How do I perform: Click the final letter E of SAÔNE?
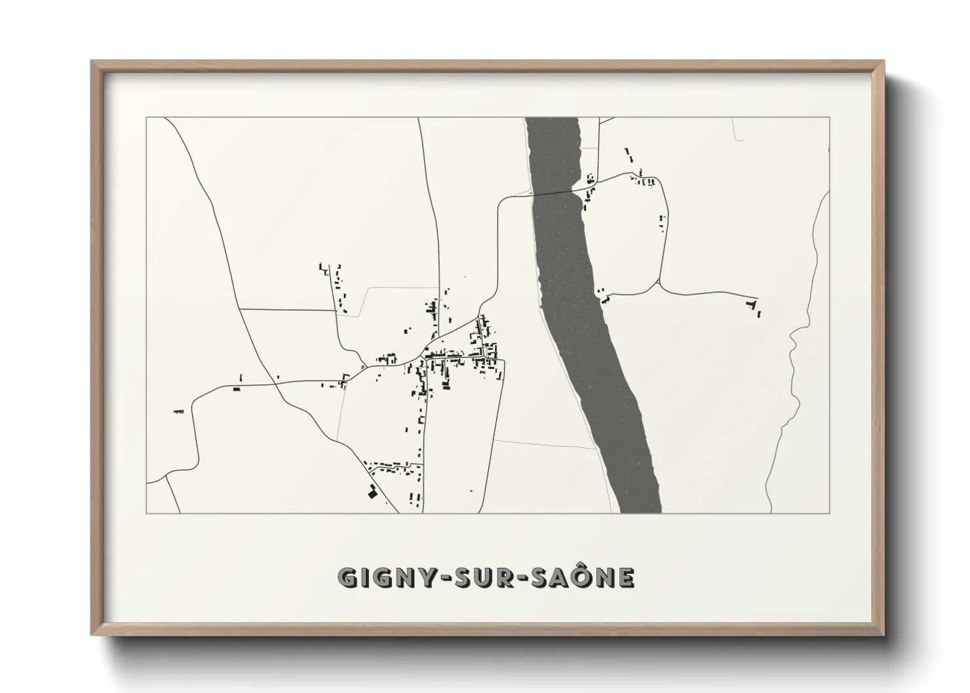tap(627, 578)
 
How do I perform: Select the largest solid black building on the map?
tap(372, 493)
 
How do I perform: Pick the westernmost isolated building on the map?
tap(178, 411)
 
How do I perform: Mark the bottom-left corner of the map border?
tap(147, 513)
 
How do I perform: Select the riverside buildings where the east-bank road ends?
tap(603, 296)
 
